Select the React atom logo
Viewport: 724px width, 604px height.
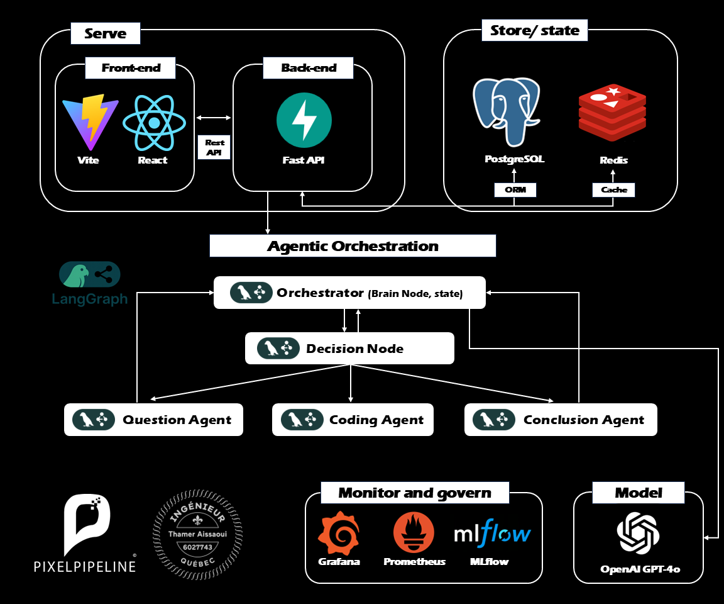(x=155, y=120)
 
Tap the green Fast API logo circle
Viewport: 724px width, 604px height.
(x=304, y=120)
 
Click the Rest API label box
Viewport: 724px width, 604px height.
(x=214, y=147)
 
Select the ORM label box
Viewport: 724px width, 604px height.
(x=515, y=189)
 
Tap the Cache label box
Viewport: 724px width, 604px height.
(x=613, y=189)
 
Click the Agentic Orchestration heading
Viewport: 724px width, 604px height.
(x=353, y=246)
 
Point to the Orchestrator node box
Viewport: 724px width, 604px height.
(x=349, y=293)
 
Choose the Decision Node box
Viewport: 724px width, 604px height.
(x=349, y=349)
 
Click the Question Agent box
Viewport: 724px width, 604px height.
(x=153, y=420)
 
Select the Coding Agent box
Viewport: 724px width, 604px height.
(x=353, y=420)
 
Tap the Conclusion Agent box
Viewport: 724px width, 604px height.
(x=561, y=420)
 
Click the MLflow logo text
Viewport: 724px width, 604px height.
(x=492, y=534)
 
